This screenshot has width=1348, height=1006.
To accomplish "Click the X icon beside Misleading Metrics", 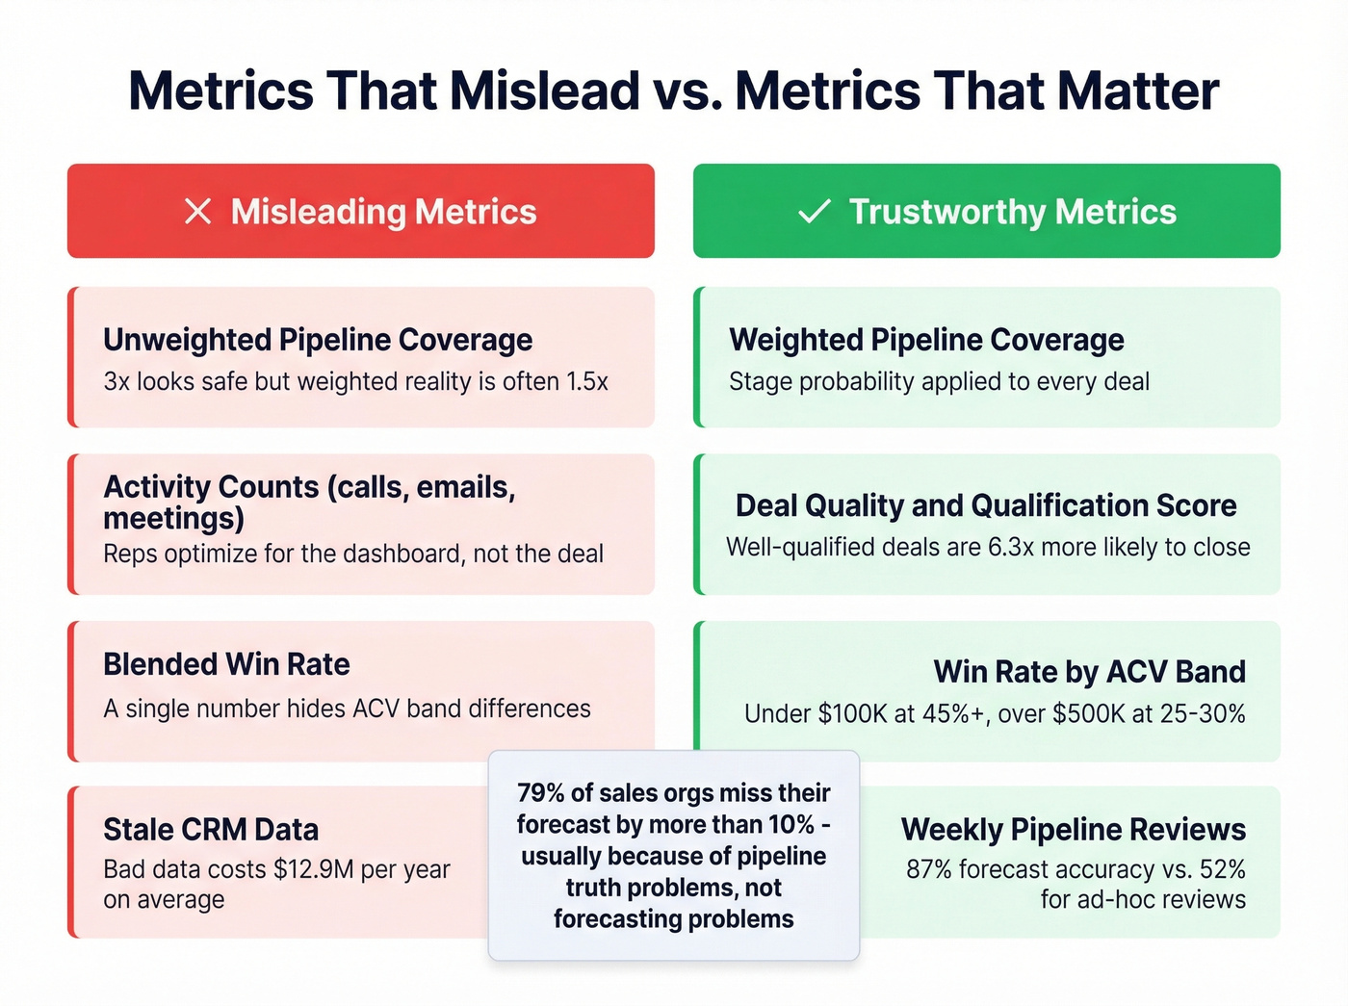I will [x=197, y=212].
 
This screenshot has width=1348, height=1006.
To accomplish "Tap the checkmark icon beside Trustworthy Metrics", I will [x=815, y=212].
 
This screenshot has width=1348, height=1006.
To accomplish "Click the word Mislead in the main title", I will [x=544, y=91].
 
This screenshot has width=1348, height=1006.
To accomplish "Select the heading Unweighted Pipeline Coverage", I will [x=318, y=340].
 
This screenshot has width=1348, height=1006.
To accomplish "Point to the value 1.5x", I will [x=587, y=382].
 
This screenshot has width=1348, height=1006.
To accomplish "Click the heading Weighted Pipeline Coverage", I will [x=926, y=340].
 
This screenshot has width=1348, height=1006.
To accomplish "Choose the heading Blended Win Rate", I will [x=226, y=664].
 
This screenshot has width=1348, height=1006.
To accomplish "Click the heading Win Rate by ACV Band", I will [x=1089, y=672].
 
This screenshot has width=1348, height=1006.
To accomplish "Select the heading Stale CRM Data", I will [x=211, y=830].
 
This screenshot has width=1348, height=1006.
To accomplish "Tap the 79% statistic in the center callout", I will [x=540, y=793].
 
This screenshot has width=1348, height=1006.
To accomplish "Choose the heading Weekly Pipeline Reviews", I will [x=1073, y=830].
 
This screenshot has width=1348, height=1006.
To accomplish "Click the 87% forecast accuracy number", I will [x=928, y=869].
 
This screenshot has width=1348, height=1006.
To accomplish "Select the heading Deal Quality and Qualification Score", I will [x=986, y=505].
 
